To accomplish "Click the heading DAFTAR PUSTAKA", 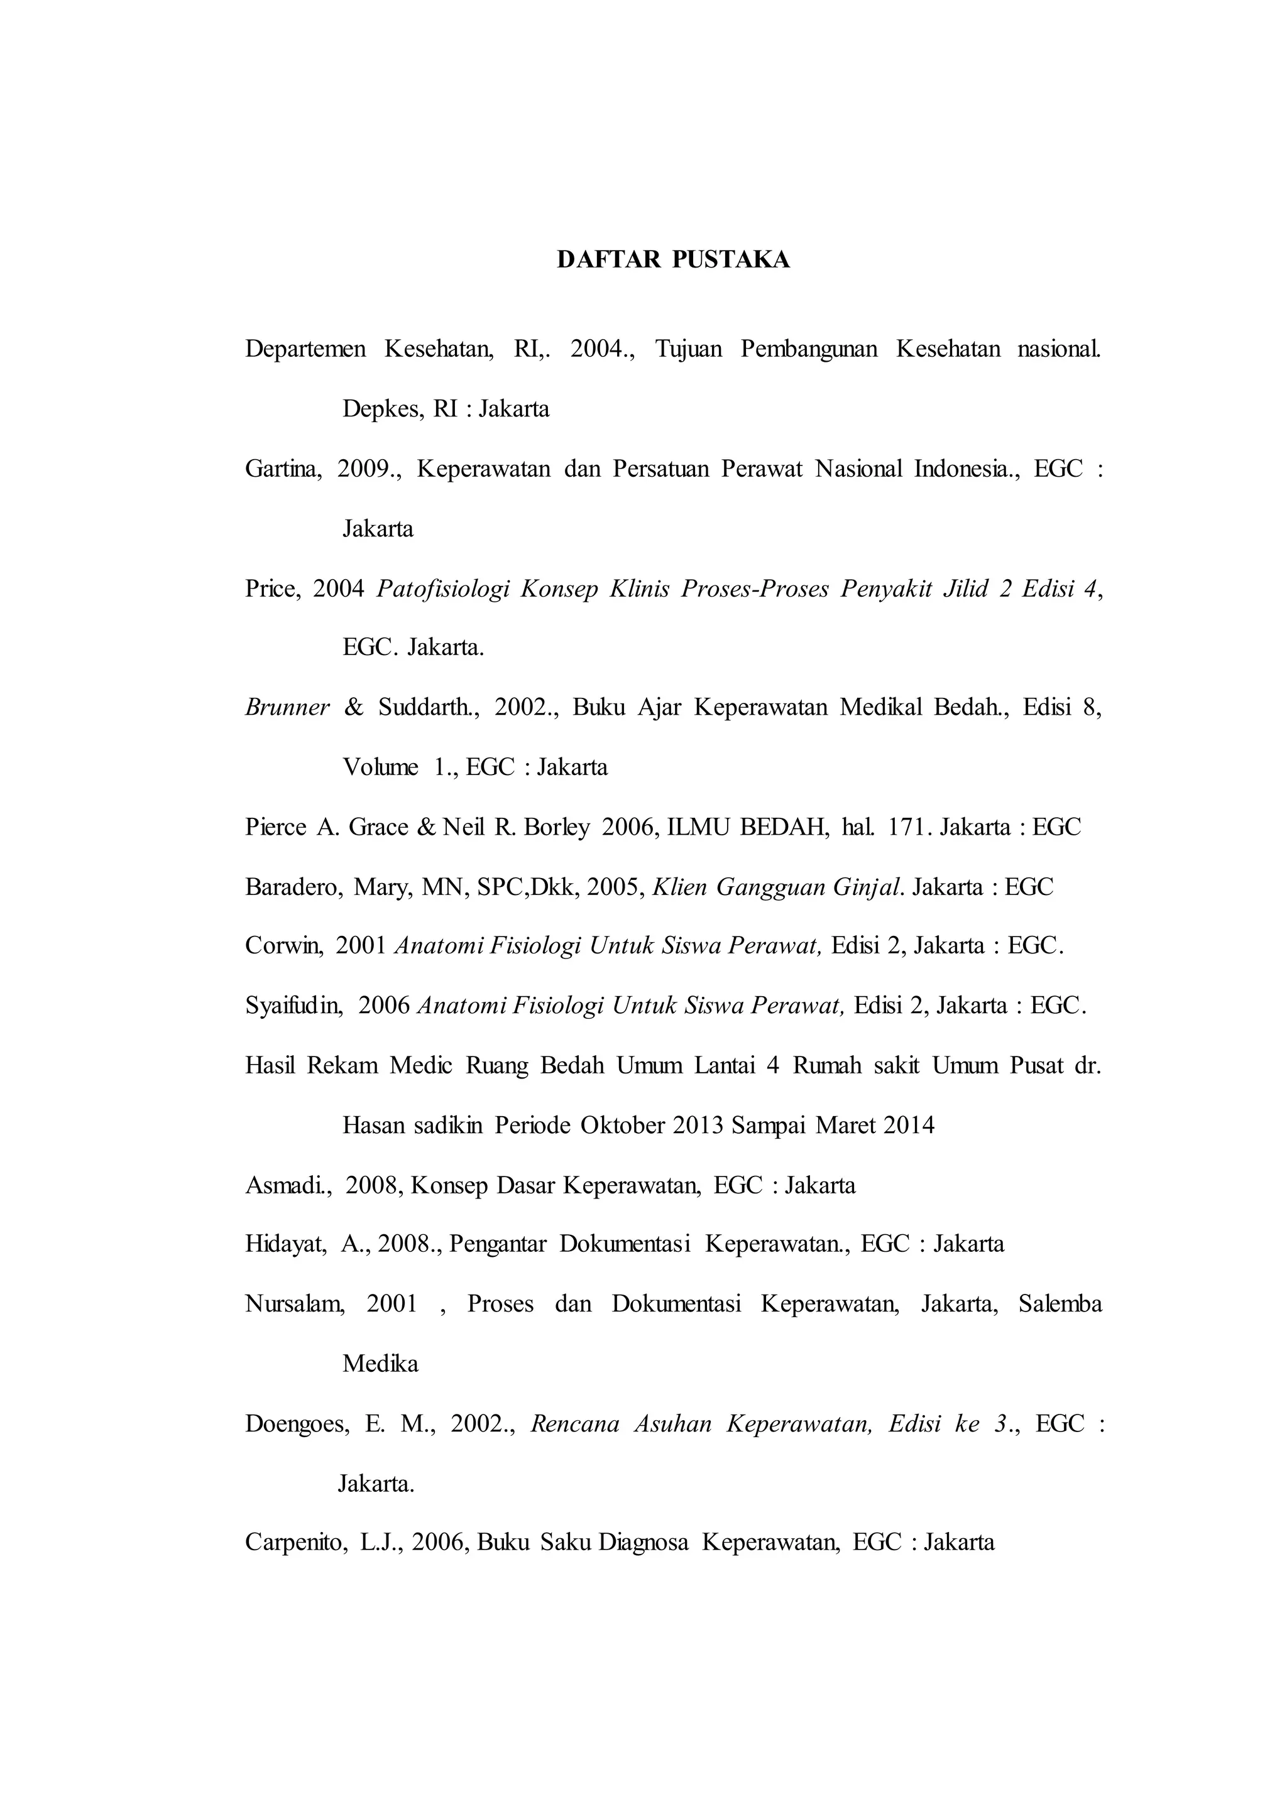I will pos(673,260).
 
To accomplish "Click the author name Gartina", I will pos(282,469).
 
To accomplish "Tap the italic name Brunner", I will pos(287,707).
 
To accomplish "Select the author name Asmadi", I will pos(287,1185).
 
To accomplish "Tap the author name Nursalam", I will pos(293,1304).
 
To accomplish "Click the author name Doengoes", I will pos(295,1424).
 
